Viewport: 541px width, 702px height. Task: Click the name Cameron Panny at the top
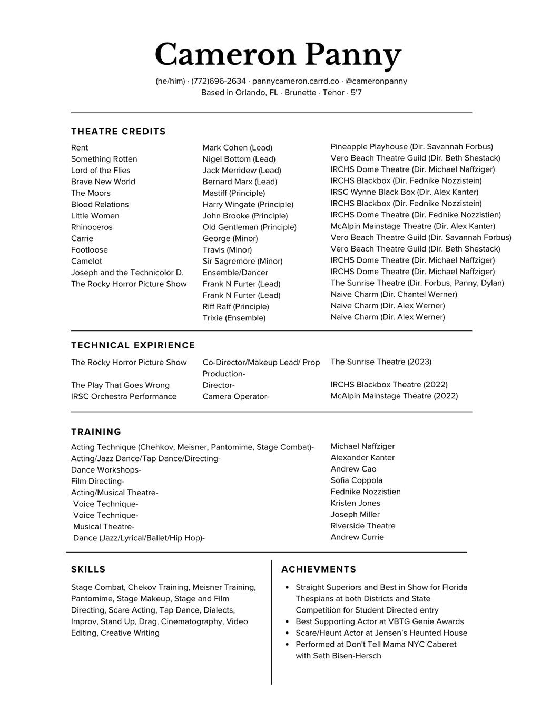tap(278, 55)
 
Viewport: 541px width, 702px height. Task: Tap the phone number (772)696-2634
tap(219, 81)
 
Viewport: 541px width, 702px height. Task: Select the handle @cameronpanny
tap(376, 81)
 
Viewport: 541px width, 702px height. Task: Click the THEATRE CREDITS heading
tap(119, 132)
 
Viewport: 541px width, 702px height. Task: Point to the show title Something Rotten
tap(104, 159)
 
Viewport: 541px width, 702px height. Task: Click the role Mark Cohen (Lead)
tap(237, 148)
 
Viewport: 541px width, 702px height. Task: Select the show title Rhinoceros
tap(92, 227)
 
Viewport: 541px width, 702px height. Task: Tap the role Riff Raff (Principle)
tap(235, 307)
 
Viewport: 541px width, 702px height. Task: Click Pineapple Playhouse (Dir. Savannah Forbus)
tap(411, 147)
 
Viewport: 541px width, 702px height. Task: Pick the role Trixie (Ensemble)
tap(234, 318)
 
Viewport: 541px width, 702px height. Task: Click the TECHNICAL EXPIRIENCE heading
tap(133, 345)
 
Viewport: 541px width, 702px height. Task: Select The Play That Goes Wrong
tap(120, 385)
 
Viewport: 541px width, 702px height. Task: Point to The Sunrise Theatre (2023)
tap(381, 362)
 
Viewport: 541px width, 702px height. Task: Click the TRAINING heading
tap(96, 432)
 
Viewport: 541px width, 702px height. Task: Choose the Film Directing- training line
tap(97, 482)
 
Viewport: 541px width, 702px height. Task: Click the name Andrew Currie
tap(357, 537)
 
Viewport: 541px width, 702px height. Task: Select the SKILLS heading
tap(88, 569)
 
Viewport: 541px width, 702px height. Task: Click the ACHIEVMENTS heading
tap(319, 569)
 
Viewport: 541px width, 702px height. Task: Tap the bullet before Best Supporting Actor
tap(287, 621)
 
